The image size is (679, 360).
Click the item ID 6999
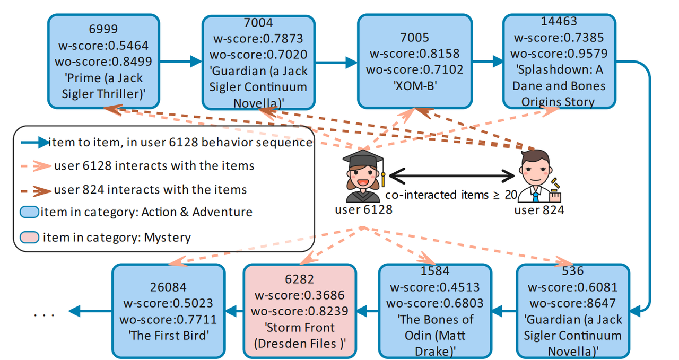[103, 29]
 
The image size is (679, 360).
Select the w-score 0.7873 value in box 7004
[258, 39]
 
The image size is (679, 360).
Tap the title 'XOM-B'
[414, 85]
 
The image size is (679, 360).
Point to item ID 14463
[559, 22]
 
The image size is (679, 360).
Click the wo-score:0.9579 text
[559, 54]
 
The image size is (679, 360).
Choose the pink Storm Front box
[300, 310]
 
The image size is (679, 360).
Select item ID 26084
[168, 287]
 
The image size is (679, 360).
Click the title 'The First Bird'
[168, 336]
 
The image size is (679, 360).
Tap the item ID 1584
[435, 271]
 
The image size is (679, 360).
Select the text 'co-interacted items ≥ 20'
[451, 195]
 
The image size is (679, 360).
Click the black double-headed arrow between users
[452, 175]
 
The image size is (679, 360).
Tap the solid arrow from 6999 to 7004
[180, 62]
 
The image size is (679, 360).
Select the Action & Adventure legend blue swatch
[30, 212]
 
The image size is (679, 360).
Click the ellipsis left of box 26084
[45, 314]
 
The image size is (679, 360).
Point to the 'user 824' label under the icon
[539, 210]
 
